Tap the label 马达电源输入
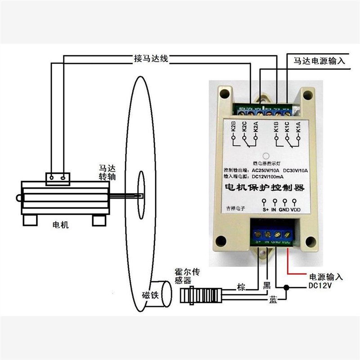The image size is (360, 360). point(319,60)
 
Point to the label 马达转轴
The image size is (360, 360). point(107,173)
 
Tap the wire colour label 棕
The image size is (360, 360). point(242,287)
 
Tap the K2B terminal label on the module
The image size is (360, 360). point(234,126)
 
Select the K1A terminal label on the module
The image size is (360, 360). point(298,126)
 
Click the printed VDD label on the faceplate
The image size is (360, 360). point(295,209)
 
